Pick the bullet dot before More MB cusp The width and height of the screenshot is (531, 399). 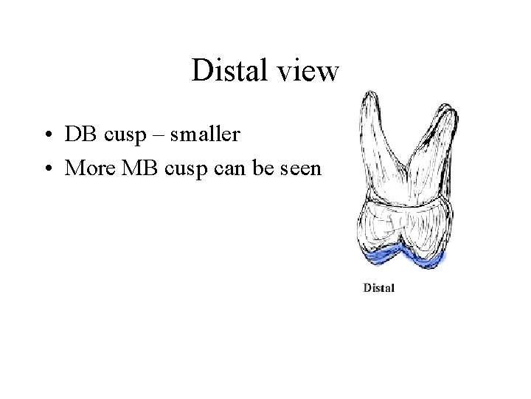tap(47, 169)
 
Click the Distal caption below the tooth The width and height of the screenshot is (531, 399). tap(379, 287)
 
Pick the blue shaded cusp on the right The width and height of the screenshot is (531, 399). tap(428, 259)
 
